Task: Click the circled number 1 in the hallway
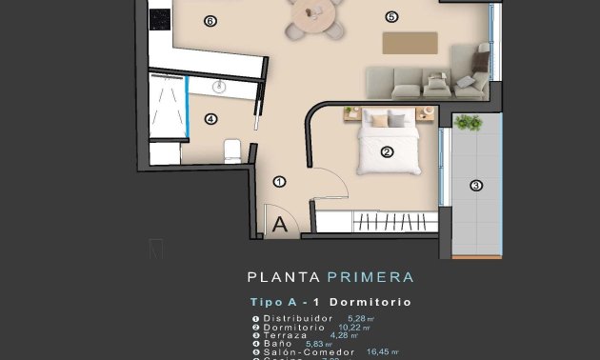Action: click(x=279, y=181)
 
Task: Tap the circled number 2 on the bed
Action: click(x=388, y=151)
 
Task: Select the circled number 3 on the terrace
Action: click(x=476, y=186)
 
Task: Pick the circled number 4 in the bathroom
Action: click(x=210, y=119)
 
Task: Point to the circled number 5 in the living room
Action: click(x=391, y=16)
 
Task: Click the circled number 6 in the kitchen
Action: click(x=210, y=20)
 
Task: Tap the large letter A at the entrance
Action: click(x=280, y=226)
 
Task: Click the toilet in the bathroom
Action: click(x=231, y=150)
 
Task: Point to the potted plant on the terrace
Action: click(x=468, y=123)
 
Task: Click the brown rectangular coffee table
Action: click(x=410, y=43)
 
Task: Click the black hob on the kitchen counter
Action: click(x=159, y=18)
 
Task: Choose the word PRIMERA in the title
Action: click(x=370, y=278)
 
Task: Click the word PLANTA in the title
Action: click(x=283, y=278)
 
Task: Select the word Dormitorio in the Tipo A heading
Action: click(x=375, y=302)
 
